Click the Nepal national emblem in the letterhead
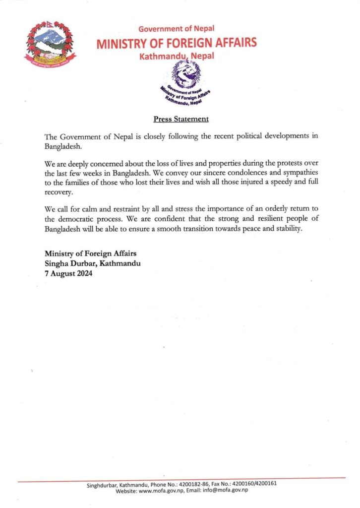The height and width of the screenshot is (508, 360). [51, 44]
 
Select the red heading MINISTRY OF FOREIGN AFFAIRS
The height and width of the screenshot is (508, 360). [177, 43]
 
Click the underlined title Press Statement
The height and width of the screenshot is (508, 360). [181, 119]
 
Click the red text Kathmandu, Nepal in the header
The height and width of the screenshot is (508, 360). [177, 56]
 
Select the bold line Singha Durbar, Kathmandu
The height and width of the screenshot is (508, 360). [92, 263]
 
